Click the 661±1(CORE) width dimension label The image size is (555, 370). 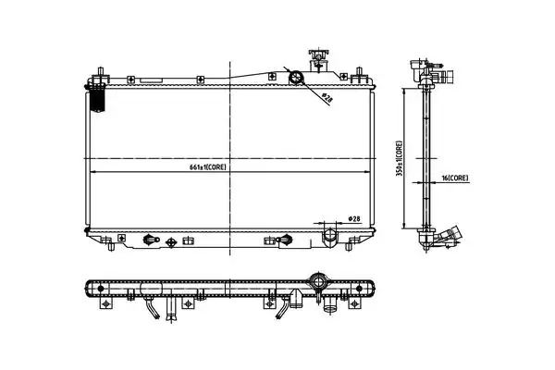click(x=207, y=167)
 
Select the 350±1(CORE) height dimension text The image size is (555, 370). click(x=400, y=158)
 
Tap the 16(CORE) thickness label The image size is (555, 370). click(x=455, y=179)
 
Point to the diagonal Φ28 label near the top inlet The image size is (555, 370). click(x=327, y=98)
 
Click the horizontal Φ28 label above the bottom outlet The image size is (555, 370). click(x=354, y=219)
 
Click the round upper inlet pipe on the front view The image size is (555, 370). click(x=296, y=77)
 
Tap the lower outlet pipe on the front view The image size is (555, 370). click(x=329, y=237)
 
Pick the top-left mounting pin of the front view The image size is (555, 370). click(x=101, y=74)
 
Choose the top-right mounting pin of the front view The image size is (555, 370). click(x=359, y=75)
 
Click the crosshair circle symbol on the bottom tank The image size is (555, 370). click(x=171, y=242)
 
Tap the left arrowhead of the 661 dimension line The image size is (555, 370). click(x=93, y=172)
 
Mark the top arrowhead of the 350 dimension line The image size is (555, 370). click(x=403, y=92)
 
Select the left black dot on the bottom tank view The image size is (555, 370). click(x=101, y=289)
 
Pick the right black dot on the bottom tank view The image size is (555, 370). click(x=359, y=289)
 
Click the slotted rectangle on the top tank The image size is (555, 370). click(x=152, y=80)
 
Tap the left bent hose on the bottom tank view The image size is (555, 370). click(x=152, y=308)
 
